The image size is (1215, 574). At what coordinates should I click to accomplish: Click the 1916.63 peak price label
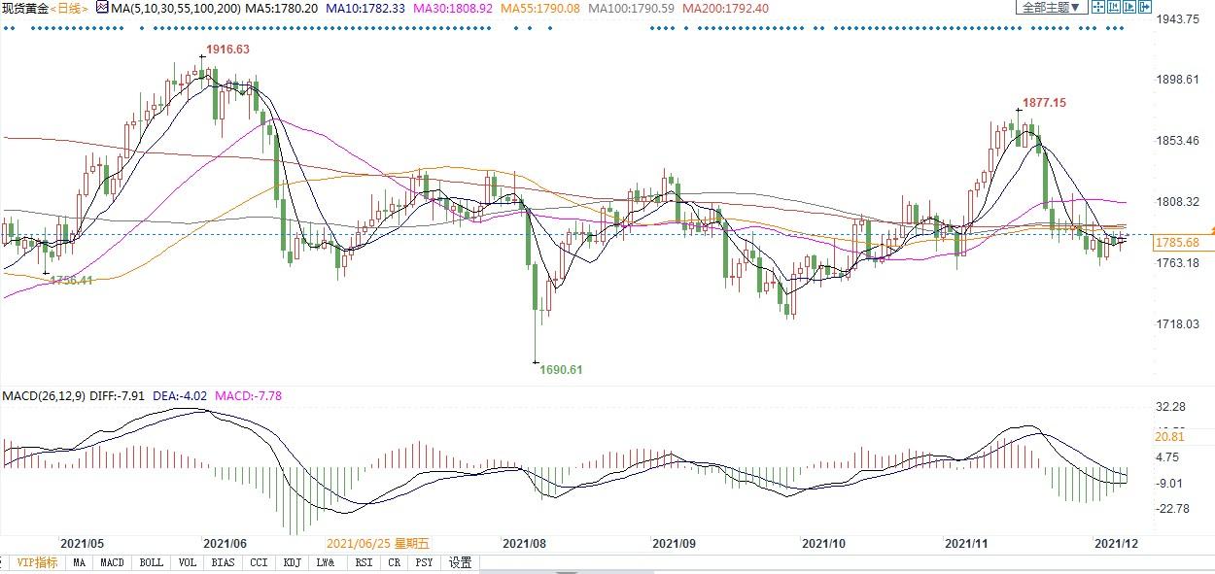[226, 50]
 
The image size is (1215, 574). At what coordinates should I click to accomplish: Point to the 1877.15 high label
[1044, 103]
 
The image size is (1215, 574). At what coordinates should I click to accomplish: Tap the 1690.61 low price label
[561, 369]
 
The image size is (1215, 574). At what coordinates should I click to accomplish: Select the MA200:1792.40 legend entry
[725, 8]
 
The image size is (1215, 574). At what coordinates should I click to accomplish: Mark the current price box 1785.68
[1177, 242]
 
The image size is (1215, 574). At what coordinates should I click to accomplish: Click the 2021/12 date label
[1116, 545]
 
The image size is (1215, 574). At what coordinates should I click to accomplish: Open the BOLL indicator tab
[151, 562]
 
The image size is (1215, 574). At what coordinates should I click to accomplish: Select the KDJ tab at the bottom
[292, 562]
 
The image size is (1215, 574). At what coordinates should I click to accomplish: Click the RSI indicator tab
[363, 562]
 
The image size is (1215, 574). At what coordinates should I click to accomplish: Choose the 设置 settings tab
[460, 562]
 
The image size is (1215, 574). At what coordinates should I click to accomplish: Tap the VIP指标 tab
[37, 562]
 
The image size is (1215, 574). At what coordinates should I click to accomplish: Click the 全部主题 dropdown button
[1050, 8]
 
